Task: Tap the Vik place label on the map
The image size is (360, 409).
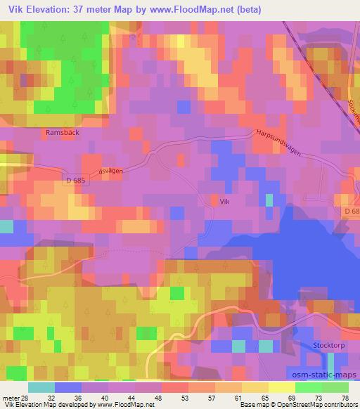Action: click(224, 200)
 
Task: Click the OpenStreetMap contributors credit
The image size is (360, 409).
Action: click(316, 405)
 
